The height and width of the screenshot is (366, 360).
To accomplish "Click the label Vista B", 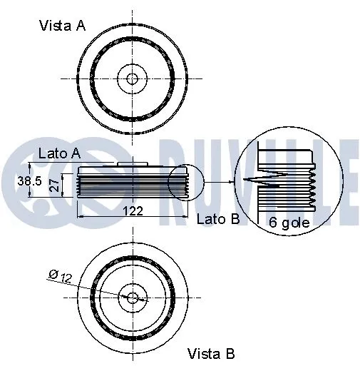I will point(210,352).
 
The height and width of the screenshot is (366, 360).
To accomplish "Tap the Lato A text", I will point(58,153).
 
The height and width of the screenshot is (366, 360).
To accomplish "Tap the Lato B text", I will point(218,219).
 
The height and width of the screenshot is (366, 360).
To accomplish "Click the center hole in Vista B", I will point(133,297).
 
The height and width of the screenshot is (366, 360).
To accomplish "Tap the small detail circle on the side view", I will point(186,183).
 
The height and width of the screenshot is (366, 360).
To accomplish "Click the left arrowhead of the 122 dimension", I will point(78,215).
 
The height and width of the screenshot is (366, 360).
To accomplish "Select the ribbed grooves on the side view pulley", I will point(128,188).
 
